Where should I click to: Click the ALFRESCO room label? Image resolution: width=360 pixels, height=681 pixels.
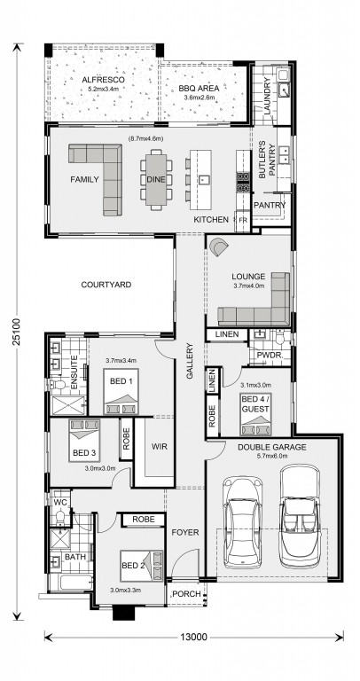click(104, 80)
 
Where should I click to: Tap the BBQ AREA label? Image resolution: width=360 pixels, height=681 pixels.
click(199, 89)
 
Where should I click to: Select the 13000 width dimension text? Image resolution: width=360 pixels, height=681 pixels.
click(193, 638)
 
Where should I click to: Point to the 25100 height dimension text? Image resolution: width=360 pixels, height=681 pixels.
click(17, 332)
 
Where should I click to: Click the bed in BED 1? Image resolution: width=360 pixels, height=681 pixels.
click(121, 392)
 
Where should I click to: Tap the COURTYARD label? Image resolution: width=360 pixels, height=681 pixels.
click(106, 285)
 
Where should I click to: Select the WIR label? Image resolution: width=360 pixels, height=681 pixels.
click(160, 447)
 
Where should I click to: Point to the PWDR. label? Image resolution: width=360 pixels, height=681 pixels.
click(270, 356)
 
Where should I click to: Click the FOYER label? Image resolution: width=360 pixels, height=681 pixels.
click(185, 532)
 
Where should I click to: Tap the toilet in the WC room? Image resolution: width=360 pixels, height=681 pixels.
click(60, 517)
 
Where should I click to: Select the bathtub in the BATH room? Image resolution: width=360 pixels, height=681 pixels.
click(71, 582)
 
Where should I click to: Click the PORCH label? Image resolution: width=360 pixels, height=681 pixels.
click(187, 594)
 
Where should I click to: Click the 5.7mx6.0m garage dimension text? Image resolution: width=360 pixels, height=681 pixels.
click(272, 456)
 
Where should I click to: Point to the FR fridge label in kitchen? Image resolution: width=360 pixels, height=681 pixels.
click(243, 220)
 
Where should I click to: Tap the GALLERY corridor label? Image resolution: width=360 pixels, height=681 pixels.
click(190, 361)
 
